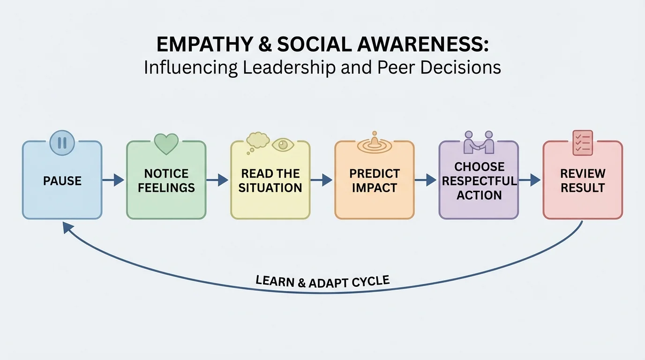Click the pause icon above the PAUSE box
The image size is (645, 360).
pyautogui.click(x=62, y=142)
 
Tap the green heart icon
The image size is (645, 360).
pyautogui.click(x=166, y=144)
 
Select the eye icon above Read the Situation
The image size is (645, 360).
pyautogui.click(x=283, y=145)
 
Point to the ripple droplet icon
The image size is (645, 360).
pyautogui.click(x=374, y=143)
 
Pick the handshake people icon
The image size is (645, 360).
pyautogui.click(x=479, y=142)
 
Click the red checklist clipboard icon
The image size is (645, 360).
pyautogui.click(x=583, y=142)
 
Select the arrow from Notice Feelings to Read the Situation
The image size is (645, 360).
pyautogui.click(x=217, y=180)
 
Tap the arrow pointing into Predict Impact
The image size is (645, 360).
pyautogui.click(x=322, y=180)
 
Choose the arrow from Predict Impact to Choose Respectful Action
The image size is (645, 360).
pyautogui.click(x=426, y=180)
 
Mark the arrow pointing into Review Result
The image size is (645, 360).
pyautogui.click(x=530, y=180)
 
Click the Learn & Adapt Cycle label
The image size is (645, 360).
pyautogui.click(x=322, y=281)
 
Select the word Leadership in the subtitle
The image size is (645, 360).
pyautogui.click(x=289, y=67)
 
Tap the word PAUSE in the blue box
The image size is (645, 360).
pyautogui.click(x=62, y=181)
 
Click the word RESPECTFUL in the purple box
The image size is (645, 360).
pyautogui.click(x=479, y=181)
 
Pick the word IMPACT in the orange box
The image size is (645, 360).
pyautogui.click(x=374, y=188)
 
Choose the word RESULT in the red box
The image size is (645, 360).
pyautogui.click(x=583, y=188)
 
